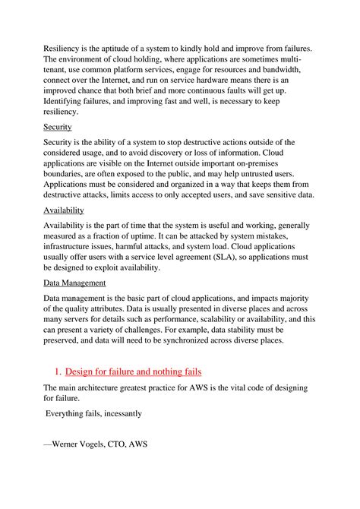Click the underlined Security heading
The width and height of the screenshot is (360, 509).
click(x=57, y=127)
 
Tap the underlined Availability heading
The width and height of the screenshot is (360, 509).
click(x=64, y=210)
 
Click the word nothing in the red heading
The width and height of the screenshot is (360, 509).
click(x=161, y=371)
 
